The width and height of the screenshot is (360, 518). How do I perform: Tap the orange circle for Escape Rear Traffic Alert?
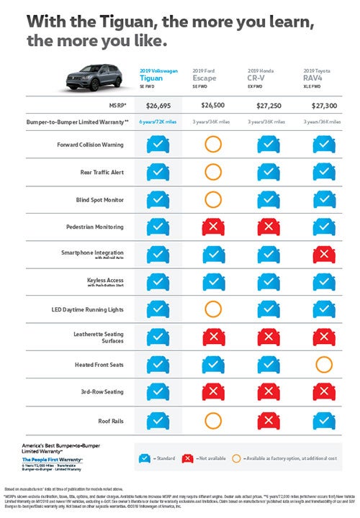212,173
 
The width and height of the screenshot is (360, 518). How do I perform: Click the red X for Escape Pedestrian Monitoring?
212,227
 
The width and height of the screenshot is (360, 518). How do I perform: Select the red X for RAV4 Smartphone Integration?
324,255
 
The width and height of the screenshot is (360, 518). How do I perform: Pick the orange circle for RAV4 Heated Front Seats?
324,364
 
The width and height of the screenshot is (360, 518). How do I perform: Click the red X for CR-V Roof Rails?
268,419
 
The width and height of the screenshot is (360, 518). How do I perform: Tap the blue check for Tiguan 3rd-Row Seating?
158,392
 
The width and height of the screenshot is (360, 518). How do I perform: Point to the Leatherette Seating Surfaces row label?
95,337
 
